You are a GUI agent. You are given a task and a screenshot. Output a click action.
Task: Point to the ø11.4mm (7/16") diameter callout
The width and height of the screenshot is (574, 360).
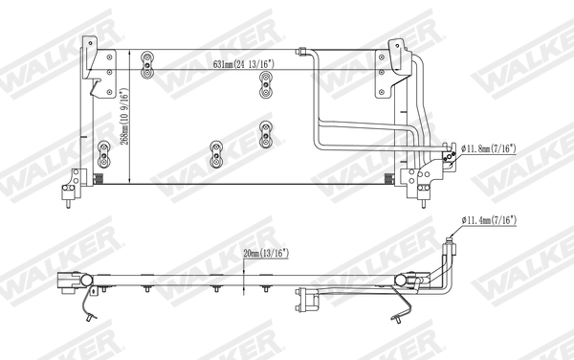pyautogui.click(x=491, y=221)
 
